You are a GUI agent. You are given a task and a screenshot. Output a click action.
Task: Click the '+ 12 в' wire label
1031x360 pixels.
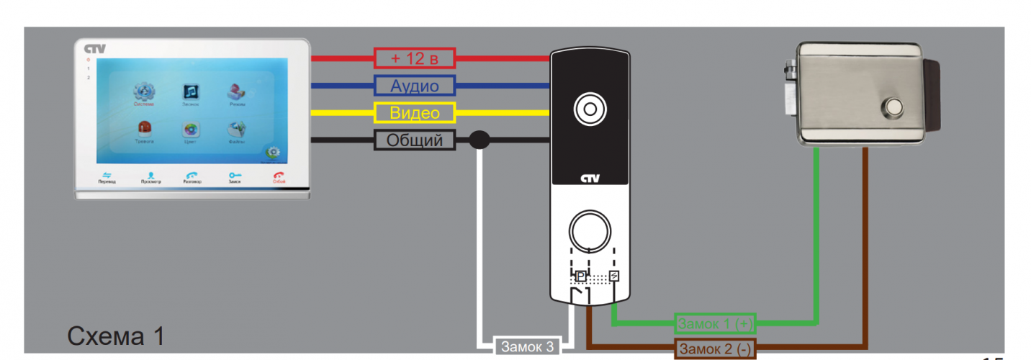[415, 58]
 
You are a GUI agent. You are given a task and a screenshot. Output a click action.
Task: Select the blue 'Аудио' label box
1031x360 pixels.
[415, 86]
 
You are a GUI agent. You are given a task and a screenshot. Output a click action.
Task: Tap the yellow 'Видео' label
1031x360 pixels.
[415, 113]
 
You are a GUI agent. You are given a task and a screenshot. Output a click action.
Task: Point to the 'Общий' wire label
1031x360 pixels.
[415, 140]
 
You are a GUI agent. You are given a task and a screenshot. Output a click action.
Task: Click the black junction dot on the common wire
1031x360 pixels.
[480, 140]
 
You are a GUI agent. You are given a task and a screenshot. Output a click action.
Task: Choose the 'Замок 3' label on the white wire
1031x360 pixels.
[528, 347]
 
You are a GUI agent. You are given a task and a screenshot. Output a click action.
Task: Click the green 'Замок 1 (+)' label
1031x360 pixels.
[715, 324]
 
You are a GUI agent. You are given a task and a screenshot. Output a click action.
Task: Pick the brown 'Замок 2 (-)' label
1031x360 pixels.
[715, 349]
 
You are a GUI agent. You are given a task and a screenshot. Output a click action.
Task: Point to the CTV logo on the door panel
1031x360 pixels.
[590, 180]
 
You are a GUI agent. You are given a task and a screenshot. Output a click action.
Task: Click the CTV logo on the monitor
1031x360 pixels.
[94, 49]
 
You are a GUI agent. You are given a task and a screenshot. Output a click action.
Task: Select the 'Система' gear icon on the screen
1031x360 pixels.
[144, 92]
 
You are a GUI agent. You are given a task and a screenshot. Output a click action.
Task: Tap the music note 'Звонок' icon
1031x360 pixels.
[191, 92]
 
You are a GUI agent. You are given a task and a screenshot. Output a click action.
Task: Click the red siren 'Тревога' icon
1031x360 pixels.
[144, 130]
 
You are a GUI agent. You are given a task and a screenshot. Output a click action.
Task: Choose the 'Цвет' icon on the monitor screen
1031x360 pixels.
[191, 131]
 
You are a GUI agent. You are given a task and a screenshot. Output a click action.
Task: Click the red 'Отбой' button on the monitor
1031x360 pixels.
[279, 176]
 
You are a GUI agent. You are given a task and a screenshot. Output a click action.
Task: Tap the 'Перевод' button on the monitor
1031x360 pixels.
[107, 176]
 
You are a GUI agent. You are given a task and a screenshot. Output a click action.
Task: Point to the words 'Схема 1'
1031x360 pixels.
[116, 336]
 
